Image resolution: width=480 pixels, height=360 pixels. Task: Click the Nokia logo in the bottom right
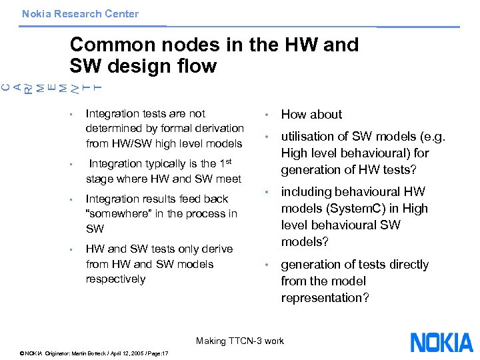441,343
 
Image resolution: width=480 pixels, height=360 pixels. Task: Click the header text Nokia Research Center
80,13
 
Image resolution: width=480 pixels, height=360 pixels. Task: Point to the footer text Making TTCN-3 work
240,341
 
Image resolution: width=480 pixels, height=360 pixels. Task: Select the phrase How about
311,115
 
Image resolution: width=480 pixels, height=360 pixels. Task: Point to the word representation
321,298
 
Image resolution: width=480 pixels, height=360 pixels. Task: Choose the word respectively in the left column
115,279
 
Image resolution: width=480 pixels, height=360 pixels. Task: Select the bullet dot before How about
267,115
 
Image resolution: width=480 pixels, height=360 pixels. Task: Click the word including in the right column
307,192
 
